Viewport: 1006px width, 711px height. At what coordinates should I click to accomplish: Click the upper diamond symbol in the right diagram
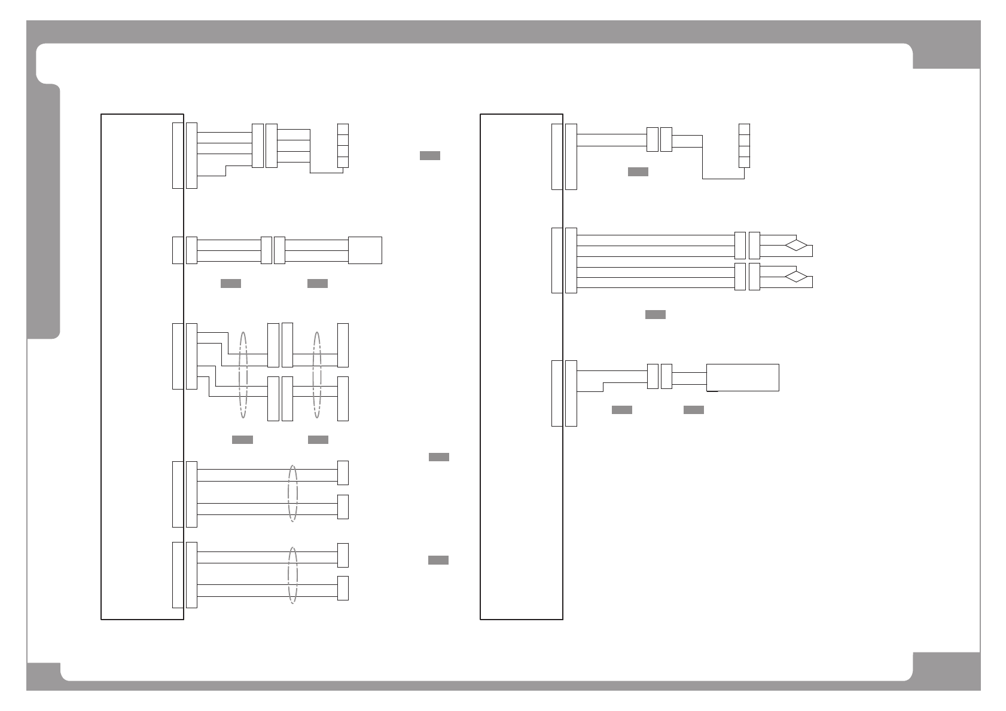pos(796,245)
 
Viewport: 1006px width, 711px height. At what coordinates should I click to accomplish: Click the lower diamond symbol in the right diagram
pos(796,277)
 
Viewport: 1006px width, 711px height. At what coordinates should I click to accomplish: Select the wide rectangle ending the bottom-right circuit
pos(743,378)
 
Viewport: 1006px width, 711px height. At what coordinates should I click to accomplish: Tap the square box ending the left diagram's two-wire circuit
pos(365,250)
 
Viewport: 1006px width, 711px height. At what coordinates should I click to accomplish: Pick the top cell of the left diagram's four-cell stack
pos(343,130)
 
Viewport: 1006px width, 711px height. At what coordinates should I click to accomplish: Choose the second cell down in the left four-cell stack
pos(343,140)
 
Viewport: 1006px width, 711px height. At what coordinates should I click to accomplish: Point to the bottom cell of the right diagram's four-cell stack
pos(744,162)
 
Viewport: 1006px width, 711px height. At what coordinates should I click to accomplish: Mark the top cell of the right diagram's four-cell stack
pos(744,130)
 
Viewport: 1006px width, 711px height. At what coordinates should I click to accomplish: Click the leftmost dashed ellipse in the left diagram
pos(243,375)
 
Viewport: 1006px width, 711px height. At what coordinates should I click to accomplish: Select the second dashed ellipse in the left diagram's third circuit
pos(317,375)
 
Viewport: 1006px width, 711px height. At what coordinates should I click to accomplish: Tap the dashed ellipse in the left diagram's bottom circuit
pos(292,575)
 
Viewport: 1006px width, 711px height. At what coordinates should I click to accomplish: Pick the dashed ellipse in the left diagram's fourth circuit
pos(292,494)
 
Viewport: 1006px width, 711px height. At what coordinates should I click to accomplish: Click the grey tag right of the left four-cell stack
pos(430,156)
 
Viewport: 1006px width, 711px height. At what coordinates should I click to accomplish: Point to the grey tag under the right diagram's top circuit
pos(638,172)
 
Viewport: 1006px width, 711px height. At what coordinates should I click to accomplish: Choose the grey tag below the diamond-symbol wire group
pos(656,315)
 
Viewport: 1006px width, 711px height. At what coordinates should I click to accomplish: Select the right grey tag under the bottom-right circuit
pos(694,410)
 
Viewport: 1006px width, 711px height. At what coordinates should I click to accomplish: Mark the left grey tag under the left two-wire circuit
pos(231,283)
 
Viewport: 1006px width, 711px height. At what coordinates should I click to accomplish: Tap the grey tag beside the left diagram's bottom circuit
pos(438,560)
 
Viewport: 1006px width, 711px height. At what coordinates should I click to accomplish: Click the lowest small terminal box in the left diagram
pos(343,588)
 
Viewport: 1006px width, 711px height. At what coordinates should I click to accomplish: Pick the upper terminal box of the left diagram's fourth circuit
pos(343,473)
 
